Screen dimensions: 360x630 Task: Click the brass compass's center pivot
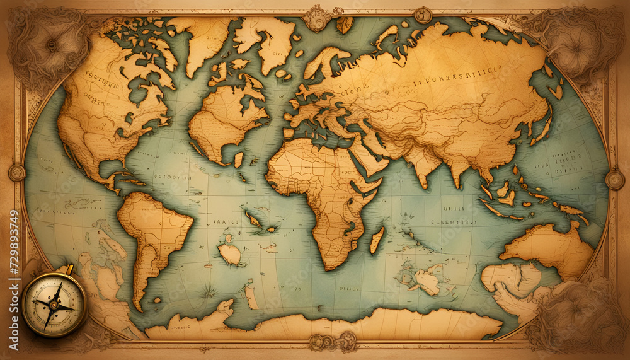[x=54, y=306]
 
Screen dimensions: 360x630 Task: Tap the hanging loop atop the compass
[x=67, y=270]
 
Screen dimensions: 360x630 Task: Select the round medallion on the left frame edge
[x=16, y=173]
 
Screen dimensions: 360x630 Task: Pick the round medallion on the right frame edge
[x=614, y=180]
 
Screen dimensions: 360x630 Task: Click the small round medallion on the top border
[x=422, y=15]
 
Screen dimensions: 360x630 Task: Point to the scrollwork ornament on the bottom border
[x=333, y=342]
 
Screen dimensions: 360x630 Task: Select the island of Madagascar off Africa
[x=377, y=240]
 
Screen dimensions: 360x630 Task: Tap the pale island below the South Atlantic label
[x=229, y=254]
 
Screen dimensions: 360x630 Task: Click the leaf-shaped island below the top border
[x=345, y=25]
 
